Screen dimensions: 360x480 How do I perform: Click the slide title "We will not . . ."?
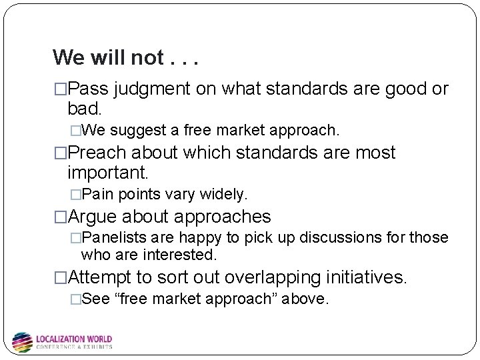coord(127,58)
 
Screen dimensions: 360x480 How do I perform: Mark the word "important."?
coord(108,173)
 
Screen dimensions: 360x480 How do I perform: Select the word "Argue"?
coord(92,217)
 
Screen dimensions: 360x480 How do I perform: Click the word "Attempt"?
coord(101,277)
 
